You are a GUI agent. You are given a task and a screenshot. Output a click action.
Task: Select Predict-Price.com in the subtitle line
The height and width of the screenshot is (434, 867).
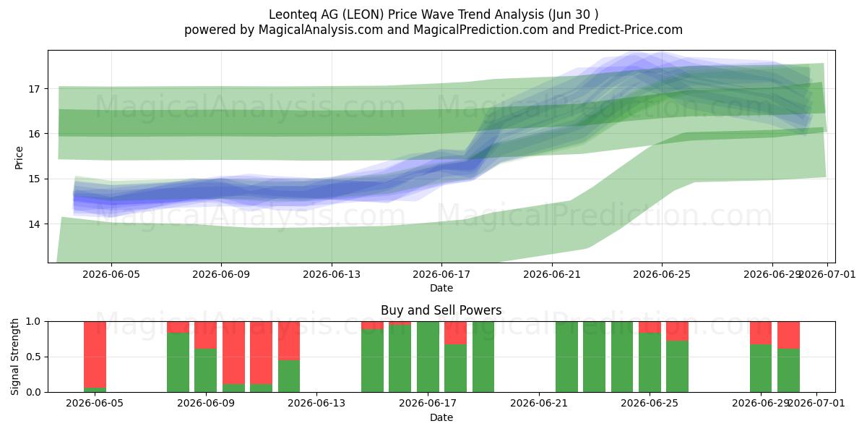point(631,30)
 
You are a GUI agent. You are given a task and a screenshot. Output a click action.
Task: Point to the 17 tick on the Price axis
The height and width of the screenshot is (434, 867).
point(34,89)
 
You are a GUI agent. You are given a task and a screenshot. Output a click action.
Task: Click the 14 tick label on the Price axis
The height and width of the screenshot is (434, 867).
point(34,224)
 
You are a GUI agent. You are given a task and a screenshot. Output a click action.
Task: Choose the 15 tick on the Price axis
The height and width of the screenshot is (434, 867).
point(34,179)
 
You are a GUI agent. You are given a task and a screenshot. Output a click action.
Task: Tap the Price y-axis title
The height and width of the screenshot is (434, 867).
point(19,158)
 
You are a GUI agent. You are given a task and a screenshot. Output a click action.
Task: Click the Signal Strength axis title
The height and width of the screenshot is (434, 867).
point(14,357)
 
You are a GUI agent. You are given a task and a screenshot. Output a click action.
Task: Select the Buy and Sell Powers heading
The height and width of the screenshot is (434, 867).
point(441,310)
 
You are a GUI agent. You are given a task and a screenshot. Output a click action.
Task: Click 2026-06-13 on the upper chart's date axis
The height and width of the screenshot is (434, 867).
point(332,274)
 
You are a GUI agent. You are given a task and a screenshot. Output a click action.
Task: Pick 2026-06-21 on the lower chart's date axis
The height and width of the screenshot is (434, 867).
point(539,404)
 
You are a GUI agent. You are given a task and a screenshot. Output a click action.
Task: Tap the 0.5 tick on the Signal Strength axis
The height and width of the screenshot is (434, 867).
point(33,357)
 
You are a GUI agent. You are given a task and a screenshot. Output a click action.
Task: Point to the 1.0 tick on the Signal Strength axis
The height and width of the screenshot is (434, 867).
point(33,322)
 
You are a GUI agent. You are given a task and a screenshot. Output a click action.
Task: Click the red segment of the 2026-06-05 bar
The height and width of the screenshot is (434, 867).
point(95,354)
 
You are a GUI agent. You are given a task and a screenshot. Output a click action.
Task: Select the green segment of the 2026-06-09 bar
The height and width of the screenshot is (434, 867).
point(205,370)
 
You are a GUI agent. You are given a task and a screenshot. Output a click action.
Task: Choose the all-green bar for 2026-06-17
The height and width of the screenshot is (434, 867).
point(428,357)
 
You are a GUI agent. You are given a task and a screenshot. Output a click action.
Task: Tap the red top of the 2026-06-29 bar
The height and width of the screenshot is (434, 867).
point(761,333)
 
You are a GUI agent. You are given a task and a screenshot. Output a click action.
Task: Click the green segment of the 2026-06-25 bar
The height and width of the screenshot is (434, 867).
point(650,362)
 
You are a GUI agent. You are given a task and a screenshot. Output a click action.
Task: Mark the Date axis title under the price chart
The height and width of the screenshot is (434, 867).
point(441,288)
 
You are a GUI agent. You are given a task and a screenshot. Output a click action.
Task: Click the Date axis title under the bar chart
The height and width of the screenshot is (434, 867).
point(441,417)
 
